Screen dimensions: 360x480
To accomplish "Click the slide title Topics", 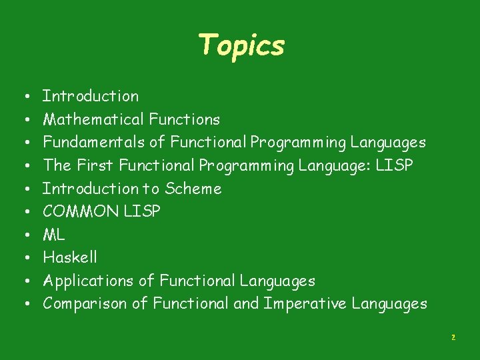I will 241,45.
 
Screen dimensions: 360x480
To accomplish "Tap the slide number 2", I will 453,338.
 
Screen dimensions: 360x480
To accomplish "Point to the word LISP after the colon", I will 394,165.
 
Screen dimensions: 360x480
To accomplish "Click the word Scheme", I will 193,189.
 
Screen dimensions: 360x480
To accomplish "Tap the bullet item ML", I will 53,235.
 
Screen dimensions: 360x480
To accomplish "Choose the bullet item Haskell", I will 69,257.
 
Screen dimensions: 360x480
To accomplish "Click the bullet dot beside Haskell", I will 22,258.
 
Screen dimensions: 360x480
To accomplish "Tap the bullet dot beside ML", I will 22,235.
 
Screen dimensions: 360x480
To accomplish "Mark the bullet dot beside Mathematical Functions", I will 22,120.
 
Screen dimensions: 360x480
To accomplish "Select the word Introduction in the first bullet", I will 91,96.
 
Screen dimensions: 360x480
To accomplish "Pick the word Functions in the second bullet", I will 184,119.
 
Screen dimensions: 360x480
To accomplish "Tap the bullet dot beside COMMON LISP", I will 22,212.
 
